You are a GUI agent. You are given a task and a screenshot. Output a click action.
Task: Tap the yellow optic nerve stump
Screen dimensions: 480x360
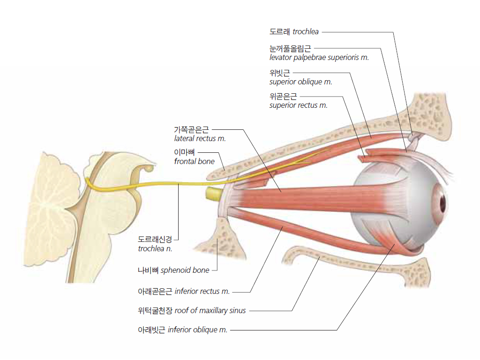pos(214,194)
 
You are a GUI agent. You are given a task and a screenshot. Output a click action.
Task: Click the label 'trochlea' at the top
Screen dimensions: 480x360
pos(306,31)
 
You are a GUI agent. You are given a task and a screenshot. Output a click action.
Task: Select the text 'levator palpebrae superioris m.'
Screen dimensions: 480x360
pos(319,58)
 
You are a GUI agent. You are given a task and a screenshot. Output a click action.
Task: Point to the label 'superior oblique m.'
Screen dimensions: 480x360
pos(300,82)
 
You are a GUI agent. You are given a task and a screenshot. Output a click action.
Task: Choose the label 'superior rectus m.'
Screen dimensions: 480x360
pos(299,105)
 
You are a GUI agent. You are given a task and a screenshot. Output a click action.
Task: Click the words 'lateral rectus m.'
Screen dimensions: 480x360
pos(200,139)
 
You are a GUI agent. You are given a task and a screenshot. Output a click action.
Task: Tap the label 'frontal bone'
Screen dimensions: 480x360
pos(195,161)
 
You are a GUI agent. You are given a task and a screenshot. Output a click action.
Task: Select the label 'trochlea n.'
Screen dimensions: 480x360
pos(155,248)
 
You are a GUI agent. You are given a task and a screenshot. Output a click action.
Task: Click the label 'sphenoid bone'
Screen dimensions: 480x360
pos(185,270)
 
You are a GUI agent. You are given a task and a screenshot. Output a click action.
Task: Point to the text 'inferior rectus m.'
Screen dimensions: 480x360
pos(202,291)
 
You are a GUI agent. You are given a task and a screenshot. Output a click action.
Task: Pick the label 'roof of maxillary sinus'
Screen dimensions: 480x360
pos(210,311)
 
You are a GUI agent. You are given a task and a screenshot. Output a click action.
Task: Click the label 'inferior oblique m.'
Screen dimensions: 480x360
pos(197,330)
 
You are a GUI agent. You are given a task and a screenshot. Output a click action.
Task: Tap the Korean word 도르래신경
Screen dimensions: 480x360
pos(155,240)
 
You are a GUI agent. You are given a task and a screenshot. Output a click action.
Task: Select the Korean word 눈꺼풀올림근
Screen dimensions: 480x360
pos(290,49)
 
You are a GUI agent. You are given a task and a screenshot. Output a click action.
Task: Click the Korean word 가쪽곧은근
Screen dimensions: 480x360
pos(191,130)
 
